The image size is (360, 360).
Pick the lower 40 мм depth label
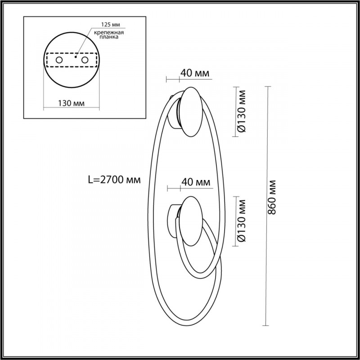(196, 182)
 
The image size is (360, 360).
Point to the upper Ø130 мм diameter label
(242, 111)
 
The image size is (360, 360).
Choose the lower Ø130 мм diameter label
(242, 220)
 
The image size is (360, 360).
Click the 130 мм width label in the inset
(72, 103)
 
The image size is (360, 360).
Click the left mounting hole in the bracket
(58, 60)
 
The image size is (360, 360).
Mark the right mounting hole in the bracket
(85, 60)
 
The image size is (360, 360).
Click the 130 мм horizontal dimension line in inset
(72, 108)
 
